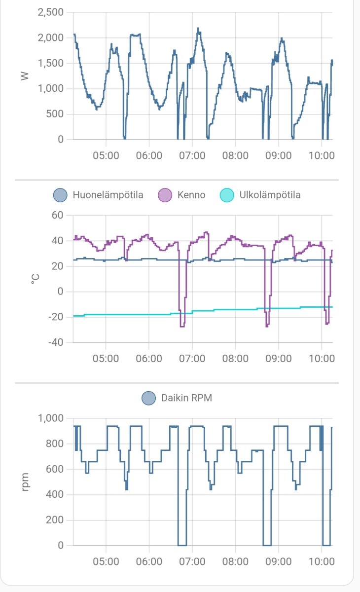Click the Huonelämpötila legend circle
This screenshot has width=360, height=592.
(60, 195)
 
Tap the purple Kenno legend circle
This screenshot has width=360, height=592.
(164, 195)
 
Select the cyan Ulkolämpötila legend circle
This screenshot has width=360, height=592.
(226, 195)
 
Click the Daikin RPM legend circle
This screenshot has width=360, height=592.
(148, 398)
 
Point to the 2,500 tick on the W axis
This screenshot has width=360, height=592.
(51, 12)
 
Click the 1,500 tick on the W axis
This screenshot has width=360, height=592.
(51, 63)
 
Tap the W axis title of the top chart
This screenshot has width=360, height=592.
(24, 76)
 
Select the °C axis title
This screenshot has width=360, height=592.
(35, 279)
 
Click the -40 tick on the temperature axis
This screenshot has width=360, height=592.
(55, 342)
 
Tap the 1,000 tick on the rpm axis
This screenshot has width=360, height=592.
(51, 418)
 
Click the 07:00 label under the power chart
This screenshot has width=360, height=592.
(192, 155)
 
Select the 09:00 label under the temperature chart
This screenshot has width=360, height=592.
(278, 358)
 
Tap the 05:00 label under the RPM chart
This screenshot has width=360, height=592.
(106, 561)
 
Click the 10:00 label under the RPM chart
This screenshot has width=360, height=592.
(322, 561)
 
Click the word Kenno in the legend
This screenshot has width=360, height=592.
(191, 195)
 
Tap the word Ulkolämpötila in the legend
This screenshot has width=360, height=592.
(269, 195)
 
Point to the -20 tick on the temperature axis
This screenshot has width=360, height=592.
(55, 317)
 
